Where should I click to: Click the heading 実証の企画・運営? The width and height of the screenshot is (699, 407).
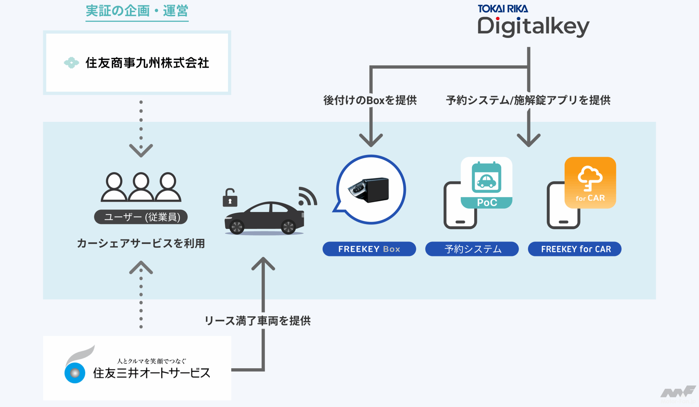[137, 11]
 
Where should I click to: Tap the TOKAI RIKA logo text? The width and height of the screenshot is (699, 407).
[503, 9]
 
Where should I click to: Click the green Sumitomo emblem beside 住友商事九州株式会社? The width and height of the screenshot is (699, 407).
[71, 63]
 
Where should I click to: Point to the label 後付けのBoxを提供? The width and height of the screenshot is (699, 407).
[370, 100]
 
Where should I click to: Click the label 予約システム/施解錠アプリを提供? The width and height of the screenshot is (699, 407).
[528, 100]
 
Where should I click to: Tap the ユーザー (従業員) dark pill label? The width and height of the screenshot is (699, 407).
[141, 217]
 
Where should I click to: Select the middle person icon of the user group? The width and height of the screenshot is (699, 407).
[141, 187]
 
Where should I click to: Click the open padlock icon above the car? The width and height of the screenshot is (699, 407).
[230, 198]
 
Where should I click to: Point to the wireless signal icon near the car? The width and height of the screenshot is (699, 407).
[307, 196]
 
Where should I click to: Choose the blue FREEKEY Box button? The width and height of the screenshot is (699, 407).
[369, 249]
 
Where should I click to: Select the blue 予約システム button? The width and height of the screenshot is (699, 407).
[472, 249]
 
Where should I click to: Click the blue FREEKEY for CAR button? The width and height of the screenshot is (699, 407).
[574, 249]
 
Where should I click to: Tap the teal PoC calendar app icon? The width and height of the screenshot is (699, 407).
[486, 183]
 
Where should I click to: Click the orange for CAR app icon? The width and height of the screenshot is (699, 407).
[590, 183]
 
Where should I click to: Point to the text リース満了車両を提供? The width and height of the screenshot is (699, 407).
[257, 321]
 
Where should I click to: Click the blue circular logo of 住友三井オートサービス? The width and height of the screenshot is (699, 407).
[75, 373]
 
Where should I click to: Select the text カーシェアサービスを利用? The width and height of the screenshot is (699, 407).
[141, 243]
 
